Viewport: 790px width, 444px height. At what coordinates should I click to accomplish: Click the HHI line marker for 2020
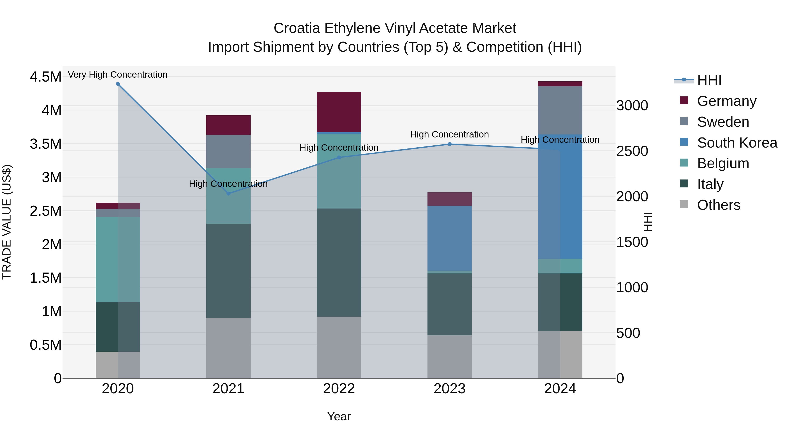coord(118,84)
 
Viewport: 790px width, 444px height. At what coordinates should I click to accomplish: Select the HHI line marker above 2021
coord(228,193)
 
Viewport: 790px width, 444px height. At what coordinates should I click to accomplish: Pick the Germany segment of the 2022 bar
coord(339,112)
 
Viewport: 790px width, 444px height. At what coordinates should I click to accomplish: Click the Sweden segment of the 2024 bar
coord(560,110)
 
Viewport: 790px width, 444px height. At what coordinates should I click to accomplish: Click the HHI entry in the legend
coord(709,81)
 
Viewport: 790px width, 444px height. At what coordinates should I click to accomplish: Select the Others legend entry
coord(718,205)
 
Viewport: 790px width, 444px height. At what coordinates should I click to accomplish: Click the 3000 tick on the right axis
coord(632,106)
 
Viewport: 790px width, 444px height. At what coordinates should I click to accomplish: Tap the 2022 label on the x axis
coord(339,389)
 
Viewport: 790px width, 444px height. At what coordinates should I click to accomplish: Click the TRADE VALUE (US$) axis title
coord(7,222)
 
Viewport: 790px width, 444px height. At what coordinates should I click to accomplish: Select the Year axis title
coord(339,416)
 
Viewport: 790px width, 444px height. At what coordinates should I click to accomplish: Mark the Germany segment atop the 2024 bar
coord(560,84)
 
